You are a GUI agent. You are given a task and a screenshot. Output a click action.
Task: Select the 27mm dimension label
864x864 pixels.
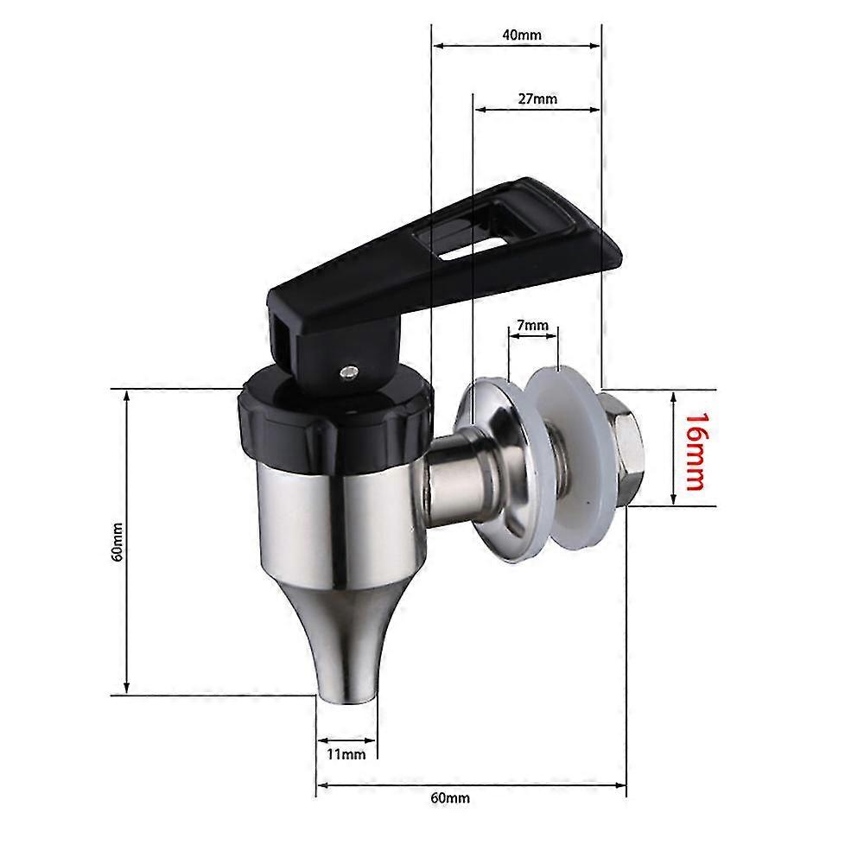pos(537,98)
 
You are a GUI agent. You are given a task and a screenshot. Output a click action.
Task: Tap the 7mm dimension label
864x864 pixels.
pos(532,326)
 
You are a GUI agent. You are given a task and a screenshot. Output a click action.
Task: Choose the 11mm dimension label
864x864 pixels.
pos(346,754)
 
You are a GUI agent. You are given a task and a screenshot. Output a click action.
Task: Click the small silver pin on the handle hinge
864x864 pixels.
pos(347,372)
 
